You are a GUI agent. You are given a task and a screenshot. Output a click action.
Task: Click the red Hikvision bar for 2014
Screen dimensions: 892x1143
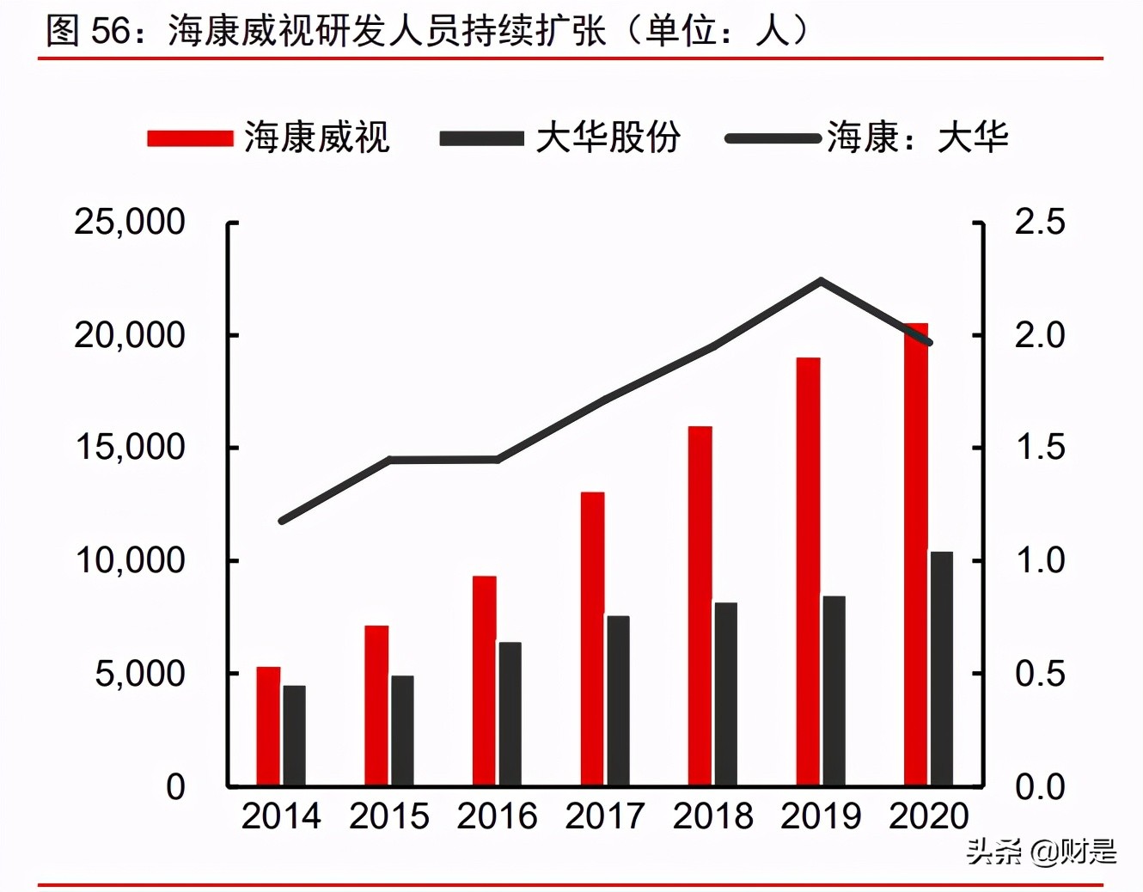point(268,726)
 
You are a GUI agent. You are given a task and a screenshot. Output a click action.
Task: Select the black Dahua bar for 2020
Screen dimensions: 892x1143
point(941,669)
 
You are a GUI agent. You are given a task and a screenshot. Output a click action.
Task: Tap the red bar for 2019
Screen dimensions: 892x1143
point(808,571)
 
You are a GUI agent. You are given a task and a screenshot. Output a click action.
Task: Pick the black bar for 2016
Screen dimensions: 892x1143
point(510,713)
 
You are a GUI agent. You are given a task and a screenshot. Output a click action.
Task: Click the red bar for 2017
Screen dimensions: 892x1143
point(592,638)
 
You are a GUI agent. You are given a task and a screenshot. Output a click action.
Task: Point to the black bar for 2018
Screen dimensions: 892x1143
point(725,694)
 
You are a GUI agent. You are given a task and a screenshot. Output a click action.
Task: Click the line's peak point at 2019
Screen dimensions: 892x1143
point(821,281)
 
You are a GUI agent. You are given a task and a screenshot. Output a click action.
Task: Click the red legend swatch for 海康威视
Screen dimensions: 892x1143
point(190,138)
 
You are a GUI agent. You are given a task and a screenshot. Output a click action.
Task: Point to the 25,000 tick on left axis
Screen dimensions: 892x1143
point(130,222)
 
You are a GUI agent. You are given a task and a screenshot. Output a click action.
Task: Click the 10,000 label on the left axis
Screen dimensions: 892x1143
point(130,560)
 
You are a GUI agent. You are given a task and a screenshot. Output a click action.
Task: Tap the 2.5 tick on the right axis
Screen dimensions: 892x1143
point(1039,222)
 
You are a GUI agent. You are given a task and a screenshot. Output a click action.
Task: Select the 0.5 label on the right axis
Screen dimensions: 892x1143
point(1039,674)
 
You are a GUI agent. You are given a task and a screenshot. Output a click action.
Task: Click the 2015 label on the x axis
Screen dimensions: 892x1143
point(388,816)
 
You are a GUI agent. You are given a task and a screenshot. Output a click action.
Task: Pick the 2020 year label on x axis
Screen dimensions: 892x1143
point(928,816)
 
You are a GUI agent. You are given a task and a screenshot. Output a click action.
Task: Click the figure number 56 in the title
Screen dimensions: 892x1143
point(111,31)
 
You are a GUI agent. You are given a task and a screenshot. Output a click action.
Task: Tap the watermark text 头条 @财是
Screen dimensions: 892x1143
point(1041,852)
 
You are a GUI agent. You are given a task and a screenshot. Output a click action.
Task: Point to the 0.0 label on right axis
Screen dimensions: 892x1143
point(1039,786)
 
